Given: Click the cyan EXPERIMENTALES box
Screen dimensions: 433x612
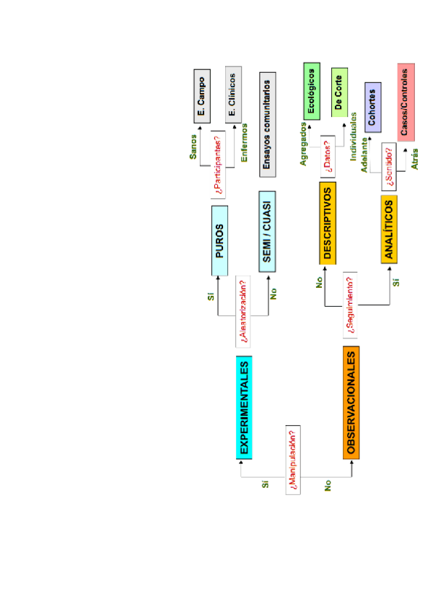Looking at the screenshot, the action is click(x=245, y=408).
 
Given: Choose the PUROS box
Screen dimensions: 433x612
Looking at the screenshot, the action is click(x=220, y=240).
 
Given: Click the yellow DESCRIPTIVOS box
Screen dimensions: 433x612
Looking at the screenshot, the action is click(x=328, y=223).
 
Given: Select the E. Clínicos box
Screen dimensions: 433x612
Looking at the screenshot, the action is click(x=232, y=97).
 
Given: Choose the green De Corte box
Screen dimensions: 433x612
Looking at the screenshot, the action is click(x=339, y=91).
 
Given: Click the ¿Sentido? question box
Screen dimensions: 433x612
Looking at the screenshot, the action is click(x=389, y=167).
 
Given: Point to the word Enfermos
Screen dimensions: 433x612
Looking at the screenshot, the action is click(x=244, y=144).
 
